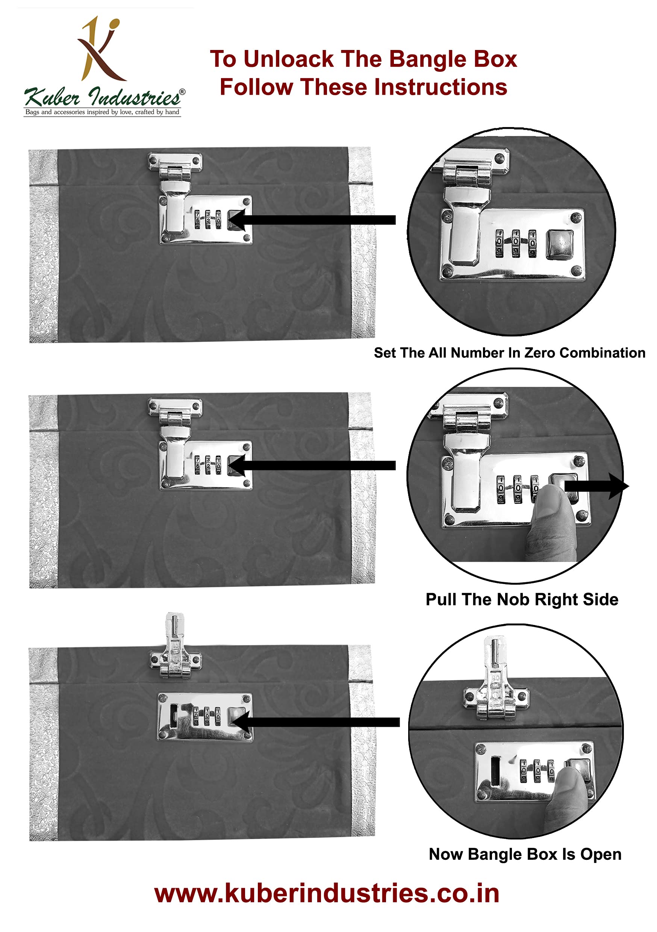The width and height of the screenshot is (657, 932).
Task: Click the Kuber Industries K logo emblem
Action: [x=100, y=49]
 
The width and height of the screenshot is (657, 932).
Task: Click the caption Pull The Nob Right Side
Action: [x=522, y=599]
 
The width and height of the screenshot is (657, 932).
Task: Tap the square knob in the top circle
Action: [x=560, y=244]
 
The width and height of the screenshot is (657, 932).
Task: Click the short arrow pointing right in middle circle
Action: [x=596, y=486]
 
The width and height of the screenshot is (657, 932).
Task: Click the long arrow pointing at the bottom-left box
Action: [x=316, y=722]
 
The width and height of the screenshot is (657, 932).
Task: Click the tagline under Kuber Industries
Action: [x=102, y=112]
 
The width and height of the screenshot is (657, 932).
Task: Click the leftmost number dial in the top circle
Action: [x=499, y=244]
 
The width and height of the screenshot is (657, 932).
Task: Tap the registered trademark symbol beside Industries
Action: [x=182, y=92]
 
